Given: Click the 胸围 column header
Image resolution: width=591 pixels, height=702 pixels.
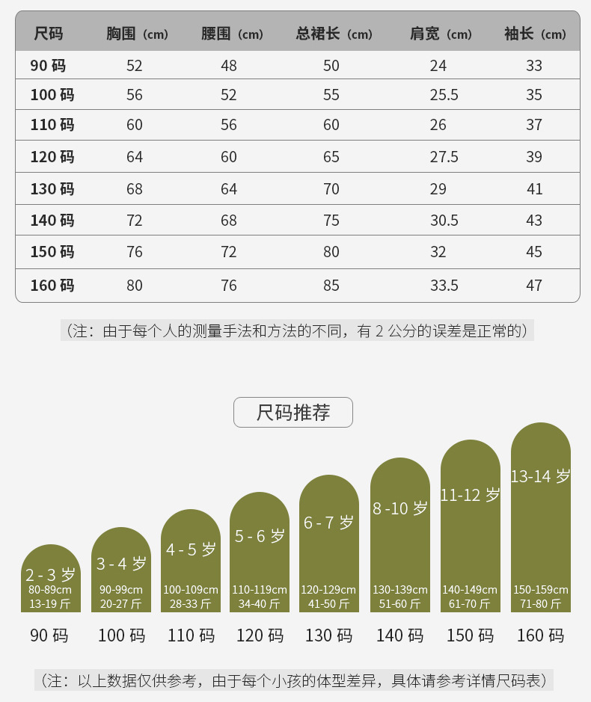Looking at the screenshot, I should coord(137,34).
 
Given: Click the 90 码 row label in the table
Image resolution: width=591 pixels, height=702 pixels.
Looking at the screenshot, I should coord(48,66).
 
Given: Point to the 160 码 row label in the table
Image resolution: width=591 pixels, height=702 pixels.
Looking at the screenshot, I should coord(52,286).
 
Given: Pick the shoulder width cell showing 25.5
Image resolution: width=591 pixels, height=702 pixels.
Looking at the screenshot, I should coord(444,95).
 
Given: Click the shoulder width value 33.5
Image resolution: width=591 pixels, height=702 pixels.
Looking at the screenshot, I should coord(444,286).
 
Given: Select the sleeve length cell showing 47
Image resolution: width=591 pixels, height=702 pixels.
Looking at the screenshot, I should coord(534,286).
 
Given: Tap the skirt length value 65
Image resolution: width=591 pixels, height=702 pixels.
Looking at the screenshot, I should coord(331,157).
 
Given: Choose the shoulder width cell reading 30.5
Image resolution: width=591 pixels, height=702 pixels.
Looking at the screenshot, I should coord(444,221).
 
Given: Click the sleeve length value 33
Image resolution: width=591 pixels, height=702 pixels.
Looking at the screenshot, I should coord(534,66).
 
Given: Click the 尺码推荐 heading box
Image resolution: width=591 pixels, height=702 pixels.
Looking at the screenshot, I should coord(293,413).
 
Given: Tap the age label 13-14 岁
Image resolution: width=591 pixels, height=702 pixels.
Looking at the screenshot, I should coord(540,476).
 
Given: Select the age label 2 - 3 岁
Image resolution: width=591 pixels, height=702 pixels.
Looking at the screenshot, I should coord(50,575).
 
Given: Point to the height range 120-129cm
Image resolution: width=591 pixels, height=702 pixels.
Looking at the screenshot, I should coord(329,590).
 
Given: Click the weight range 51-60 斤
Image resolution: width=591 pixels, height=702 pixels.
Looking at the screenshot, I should coord(400,604).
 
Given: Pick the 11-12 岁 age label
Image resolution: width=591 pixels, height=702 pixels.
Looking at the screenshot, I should coord(470,495).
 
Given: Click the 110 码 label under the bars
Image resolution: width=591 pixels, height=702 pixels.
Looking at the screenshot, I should coord(191,635).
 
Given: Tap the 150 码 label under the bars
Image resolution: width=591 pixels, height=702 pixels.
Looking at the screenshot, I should coord(470,635).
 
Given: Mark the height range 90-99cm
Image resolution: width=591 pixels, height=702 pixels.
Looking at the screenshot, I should coord(121,590).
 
